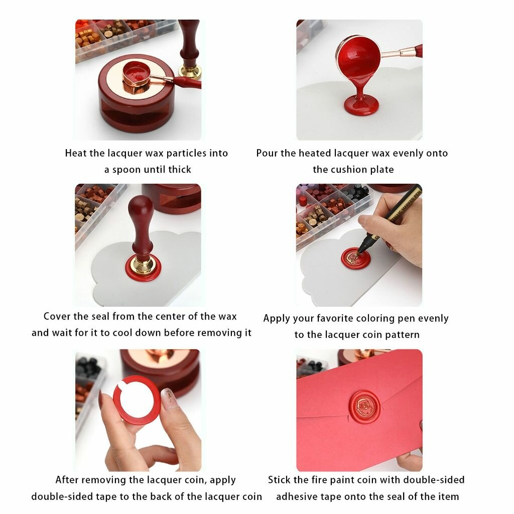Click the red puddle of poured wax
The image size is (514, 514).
(x=361, y=104)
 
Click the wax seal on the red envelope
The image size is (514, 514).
(x=364, y=407)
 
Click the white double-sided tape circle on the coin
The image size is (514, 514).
(x=137, y=400)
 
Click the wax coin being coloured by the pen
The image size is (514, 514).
(x=356, y=259)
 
